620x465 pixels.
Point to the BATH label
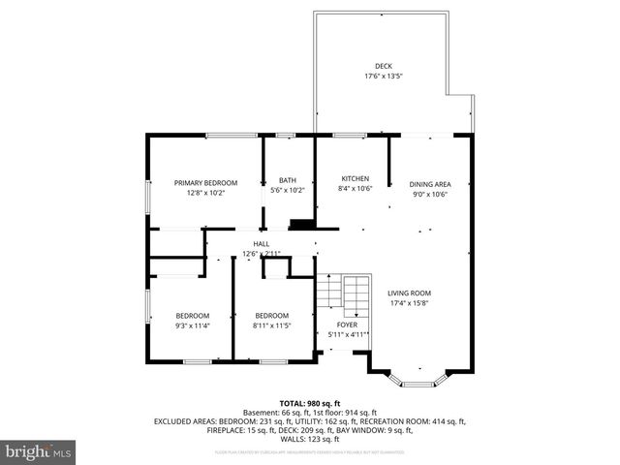pos(288,180)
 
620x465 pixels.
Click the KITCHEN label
pos(356,179)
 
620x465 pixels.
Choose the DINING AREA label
pos(429,183)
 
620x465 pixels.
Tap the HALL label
pos(262,243)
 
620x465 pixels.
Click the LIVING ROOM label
pos(410,293)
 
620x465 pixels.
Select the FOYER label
pos(347,325)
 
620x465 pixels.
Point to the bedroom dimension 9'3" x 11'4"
pos(192,325)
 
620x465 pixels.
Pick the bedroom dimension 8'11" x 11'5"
pos(271,325)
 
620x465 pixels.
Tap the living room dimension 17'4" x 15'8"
pos(410,303)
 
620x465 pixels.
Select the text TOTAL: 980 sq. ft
pos(310,402)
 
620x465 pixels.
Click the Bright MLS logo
pos(39,451)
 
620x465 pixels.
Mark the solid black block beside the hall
pos(303,225)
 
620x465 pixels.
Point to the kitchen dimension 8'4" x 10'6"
pos(356,190)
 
